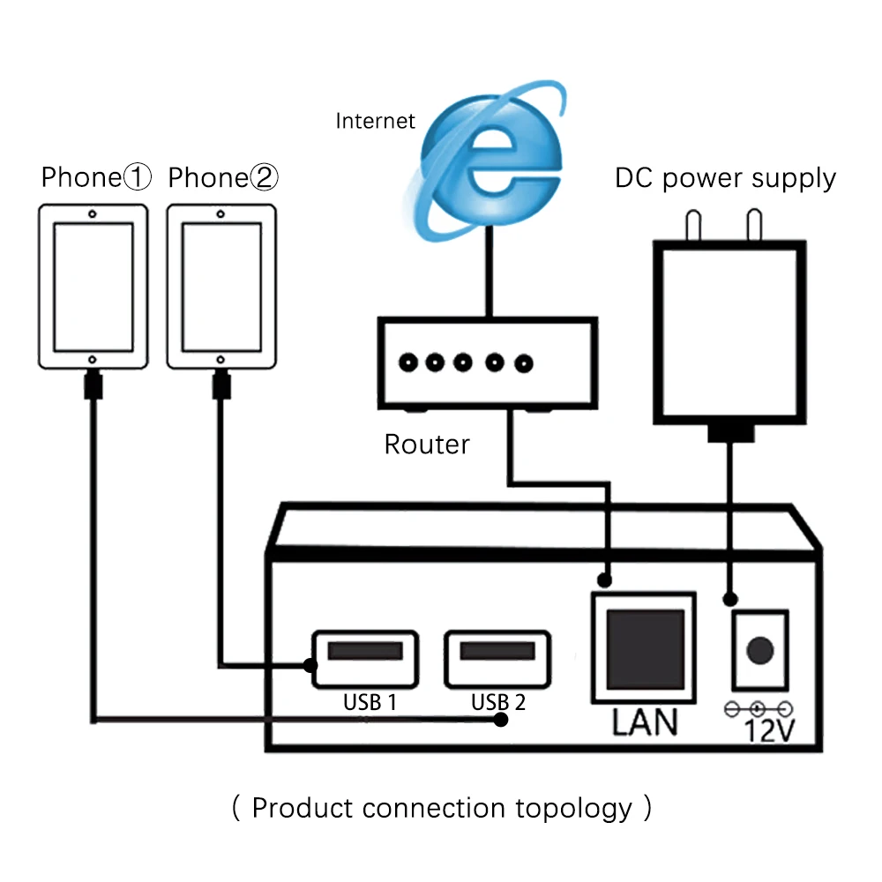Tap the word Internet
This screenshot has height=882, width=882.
(375, 121)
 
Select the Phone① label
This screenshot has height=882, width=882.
(96, 178)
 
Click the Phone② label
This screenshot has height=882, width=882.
(223, 178)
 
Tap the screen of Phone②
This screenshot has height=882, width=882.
(221, 287)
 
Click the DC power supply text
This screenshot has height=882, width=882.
(725, 178)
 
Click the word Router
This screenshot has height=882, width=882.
(427, 444)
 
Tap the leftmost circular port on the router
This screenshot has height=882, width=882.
(408, 362)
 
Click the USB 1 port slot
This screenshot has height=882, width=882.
(365, 652)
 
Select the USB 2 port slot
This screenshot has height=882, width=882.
(497, 652)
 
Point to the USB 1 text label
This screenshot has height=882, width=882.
(370, 702)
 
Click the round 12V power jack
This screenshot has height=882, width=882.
(759, 651)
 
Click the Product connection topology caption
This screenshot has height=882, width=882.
(441, 808)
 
